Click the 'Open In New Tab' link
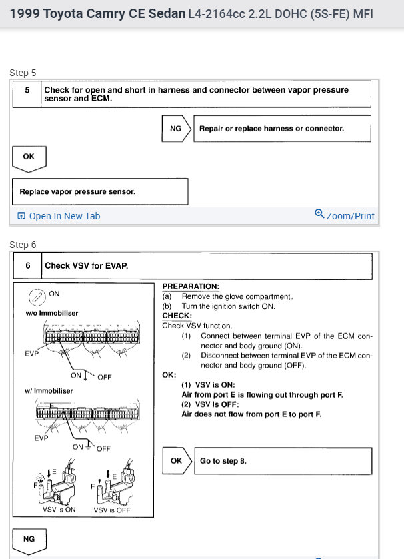59,216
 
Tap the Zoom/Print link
345,215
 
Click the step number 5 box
27,94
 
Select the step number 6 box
28,265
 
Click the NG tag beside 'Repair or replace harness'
175,129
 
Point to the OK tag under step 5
29,157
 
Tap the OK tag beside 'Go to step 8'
176,460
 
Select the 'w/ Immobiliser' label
43,390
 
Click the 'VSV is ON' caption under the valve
59,510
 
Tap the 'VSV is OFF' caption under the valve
112,510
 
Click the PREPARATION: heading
186,287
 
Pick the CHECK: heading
177,316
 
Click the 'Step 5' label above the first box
23,73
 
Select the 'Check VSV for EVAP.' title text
86,265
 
